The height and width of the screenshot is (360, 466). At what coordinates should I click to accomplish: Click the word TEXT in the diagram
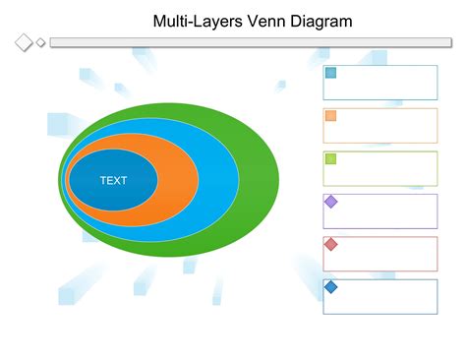113,180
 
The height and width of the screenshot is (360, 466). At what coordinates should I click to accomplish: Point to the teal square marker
331,73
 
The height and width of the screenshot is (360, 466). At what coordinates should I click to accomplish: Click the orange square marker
331,116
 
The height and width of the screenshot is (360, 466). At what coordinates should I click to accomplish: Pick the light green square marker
331,158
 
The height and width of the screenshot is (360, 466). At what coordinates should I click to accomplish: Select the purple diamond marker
331,202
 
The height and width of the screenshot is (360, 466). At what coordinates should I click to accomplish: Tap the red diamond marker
331,244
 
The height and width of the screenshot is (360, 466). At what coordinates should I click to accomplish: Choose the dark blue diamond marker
331,287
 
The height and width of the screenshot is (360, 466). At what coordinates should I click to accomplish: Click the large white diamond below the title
24,42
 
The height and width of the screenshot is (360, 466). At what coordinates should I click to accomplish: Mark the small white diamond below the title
40,42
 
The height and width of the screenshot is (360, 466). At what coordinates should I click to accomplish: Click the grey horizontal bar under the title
246,42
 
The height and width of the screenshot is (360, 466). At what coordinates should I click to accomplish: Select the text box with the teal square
388,83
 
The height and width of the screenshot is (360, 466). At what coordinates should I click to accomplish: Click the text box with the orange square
388,126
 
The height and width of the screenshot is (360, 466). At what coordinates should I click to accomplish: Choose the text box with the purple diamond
388,211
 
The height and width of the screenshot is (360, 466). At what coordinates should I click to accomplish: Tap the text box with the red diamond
388,254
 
